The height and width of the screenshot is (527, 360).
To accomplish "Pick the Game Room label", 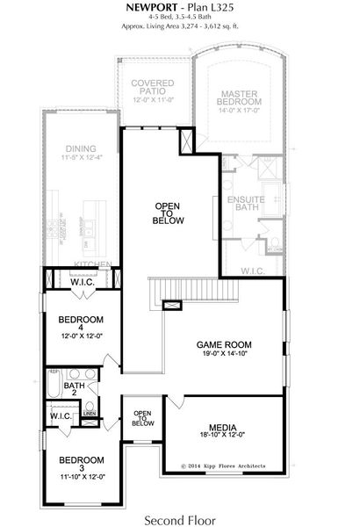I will point(224,344).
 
